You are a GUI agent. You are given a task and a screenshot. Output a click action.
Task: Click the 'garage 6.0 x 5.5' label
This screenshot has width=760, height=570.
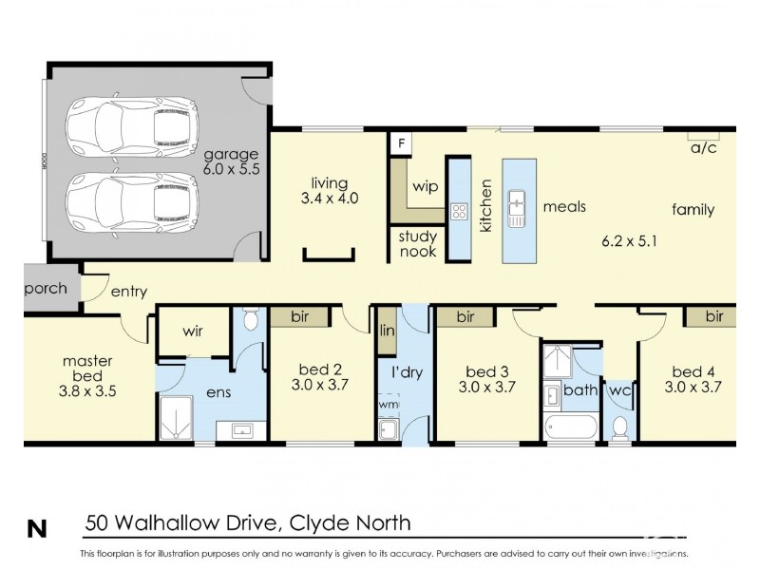pos(231,161)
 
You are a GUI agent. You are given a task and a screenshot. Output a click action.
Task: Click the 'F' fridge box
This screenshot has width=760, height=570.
pos(402,143)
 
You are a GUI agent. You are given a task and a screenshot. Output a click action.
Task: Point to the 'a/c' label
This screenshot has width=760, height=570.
pos(703,149)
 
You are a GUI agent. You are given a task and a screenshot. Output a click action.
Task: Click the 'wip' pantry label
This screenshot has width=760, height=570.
pos(425,187)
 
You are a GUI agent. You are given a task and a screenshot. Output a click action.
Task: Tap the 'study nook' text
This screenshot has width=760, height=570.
pos(418,244)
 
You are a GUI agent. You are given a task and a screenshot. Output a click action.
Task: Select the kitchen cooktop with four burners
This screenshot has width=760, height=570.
pos(459,212)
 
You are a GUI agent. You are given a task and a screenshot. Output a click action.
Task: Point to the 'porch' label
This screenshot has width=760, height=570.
pos(46,288)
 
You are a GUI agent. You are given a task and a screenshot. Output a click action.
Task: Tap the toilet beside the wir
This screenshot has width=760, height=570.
pos(250,320)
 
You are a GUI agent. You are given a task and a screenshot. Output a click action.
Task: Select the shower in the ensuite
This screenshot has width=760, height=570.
pos(177,419)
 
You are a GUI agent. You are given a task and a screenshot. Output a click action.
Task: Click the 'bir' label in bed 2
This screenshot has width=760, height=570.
pos(299,316)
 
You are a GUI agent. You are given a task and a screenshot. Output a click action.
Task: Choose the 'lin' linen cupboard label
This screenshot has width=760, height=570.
pos(386,331)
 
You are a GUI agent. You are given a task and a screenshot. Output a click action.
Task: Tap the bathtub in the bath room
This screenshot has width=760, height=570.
pos(570,425)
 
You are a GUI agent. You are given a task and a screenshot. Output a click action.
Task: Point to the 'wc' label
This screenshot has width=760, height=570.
pos(620,390)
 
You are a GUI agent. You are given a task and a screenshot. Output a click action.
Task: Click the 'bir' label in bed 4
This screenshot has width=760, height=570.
pos(713,316)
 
